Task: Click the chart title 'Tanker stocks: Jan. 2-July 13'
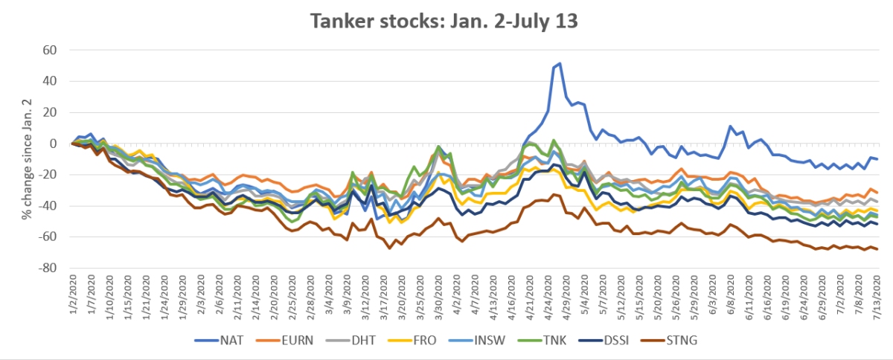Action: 446,21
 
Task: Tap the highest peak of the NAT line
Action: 560,64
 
